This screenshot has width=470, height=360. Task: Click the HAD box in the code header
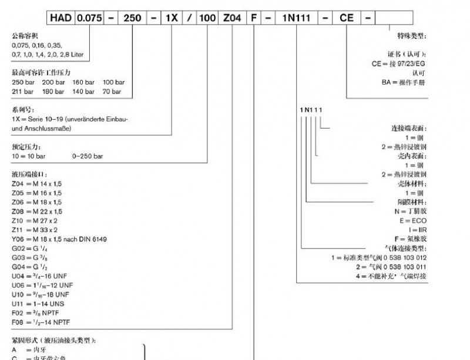tap(61, 18)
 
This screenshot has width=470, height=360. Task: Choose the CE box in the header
tap(347, 18)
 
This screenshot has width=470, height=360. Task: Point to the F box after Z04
tap(254, 18)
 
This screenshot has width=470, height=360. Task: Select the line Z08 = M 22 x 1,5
tap(37, 211)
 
